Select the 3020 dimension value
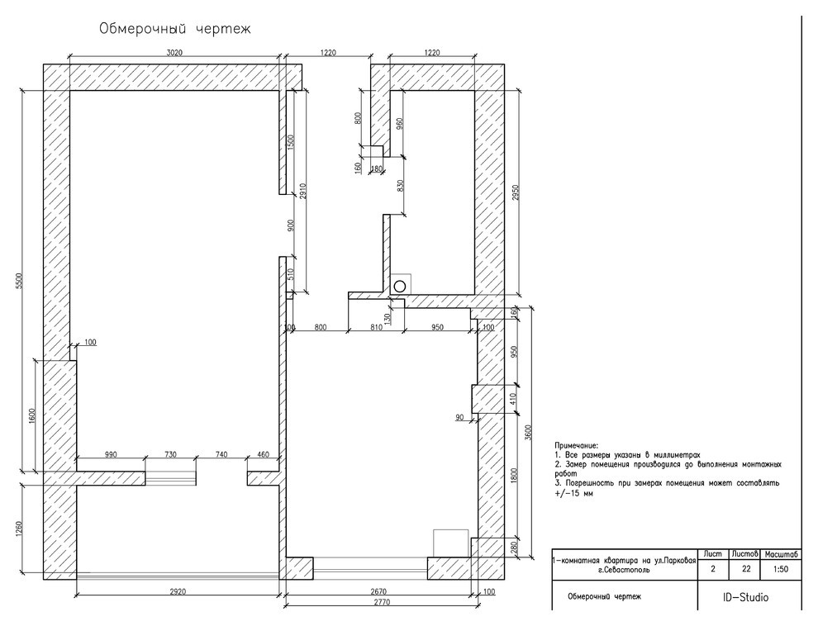coord(174,53)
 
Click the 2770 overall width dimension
coord(381,603)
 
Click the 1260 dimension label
coord(19,527)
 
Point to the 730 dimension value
coord(170,454)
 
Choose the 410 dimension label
coord(512,400)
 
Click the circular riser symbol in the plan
coord(400,285)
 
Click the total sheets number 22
coord(747,569)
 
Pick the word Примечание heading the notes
coord(577,444)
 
